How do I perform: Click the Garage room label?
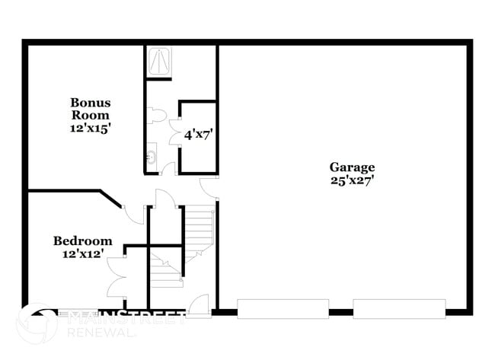pos(352,167)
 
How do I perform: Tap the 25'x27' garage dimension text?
pos(352,180)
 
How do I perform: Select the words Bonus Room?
pos(90,109)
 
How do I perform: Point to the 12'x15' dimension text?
pos(90,128)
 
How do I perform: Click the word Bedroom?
pos(83,241)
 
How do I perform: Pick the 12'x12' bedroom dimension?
pos(83,254)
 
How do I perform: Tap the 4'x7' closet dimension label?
pos(198,135)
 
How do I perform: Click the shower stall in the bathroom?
pos(158,61)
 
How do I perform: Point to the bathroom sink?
pos(151,158)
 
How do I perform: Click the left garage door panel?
pos(283,308)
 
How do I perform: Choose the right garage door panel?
pos(399,308)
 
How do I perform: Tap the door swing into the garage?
pos(209,186)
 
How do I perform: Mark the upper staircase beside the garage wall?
pos(200,228)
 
